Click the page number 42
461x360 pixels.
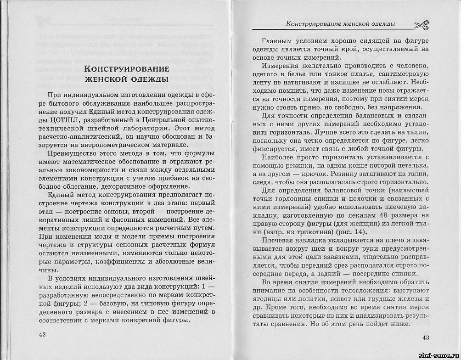pyautogui.click(x=43, y=334)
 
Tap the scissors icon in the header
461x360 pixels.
pyautogui.click(x=421, y=25)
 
